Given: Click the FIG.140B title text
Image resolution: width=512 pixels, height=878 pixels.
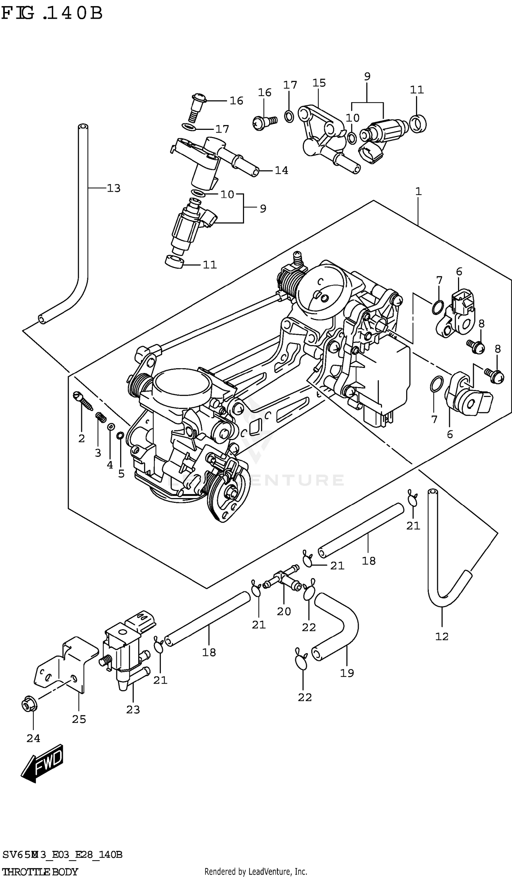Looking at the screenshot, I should tap(52, 13).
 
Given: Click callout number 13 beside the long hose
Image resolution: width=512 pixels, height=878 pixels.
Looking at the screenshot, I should tap(113, 189).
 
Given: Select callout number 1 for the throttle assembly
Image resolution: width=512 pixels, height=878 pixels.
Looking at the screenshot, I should tap(418, 191).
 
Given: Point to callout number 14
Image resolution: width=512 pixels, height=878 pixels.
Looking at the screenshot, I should tap(281, 170).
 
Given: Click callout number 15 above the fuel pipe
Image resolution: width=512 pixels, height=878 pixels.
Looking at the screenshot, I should tap(319, 83).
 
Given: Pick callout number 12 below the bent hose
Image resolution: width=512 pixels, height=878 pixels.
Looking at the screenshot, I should tap(442, 636).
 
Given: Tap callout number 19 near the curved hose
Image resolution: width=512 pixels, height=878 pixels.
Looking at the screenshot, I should tap(347, 673).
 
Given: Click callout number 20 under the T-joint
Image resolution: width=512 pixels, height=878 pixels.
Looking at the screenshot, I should tap(284, 612).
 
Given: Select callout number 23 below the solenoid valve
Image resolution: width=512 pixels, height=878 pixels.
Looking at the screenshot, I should tap(133, 709).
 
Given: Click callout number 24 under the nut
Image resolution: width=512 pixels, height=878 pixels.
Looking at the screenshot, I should tap(33, 738).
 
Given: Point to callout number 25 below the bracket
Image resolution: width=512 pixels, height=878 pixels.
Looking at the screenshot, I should tap(79, 719).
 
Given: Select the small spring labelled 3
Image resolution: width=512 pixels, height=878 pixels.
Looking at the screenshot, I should tap(100, 417).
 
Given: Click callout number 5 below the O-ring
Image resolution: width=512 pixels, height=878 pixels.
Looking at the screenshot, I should tap(121, 474).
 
